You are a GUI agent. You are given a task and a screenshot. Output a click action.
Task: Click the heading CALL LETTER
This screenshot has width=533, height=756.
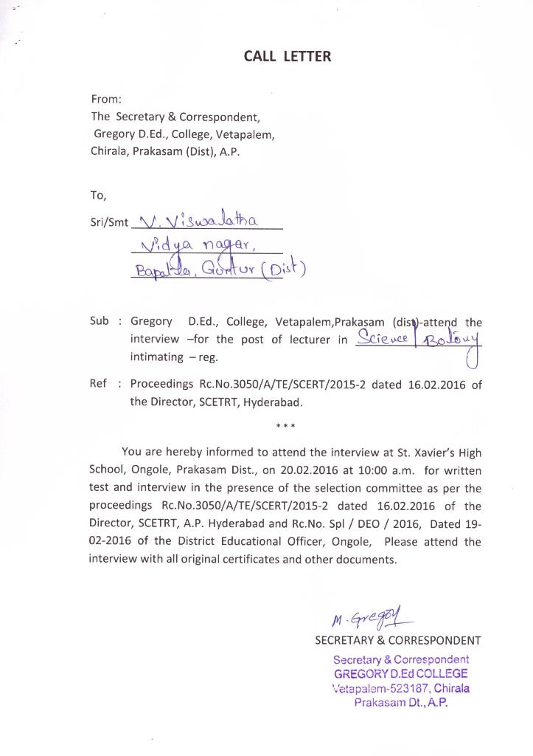tap(288, 56)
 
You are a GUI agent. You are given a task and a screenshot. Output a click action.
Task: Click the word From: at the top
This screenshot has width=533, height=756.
tap(106, 99)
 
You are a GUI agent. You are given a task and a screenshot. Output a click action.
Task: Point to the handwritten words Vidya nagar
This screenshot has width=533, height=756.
tap(195, 243)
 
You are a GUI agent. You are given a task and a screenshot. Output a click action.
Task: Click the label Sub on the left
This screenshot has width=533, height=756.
tap(100, 321)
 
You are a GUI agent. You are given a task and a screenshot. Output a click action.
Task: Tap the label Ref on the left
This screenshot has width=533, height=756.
tap(99, 384)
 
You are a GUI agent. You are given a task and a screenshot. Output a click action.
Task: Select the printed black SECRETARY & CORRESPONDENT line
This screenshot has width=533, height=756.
tap(397, 640)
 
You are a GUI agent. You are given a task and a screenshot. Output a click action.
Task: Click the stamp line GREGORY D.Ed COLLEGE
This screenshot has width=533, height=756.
tap(400, 673)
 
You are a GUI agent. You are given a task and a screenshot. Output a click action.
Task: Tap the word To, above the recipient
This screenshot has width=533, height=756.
tap(99, 196)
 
